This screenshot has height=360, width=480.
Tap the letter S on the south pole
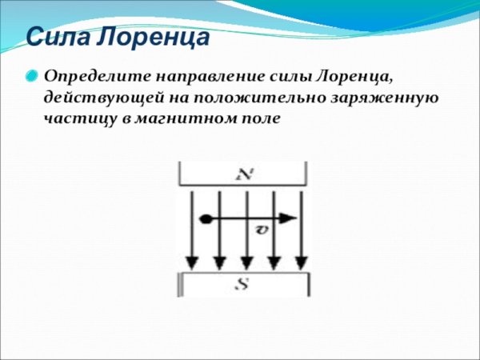(243, 284)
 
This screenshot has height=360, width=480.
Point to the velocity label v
(261, 230)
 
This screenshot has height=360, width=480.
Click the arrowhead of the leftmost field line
(191, 263)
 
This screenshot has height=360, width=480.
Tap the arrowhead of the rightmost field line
(302, 263)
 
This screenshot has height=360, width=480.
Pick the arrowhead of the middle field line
(246, 263)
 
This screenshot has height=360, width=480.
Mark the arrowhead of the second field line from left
(219, 263)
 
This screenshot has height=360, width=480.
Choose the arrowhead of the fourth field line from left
(274, 263)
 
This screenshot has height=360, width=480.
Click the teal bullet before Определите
(30, 78)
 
